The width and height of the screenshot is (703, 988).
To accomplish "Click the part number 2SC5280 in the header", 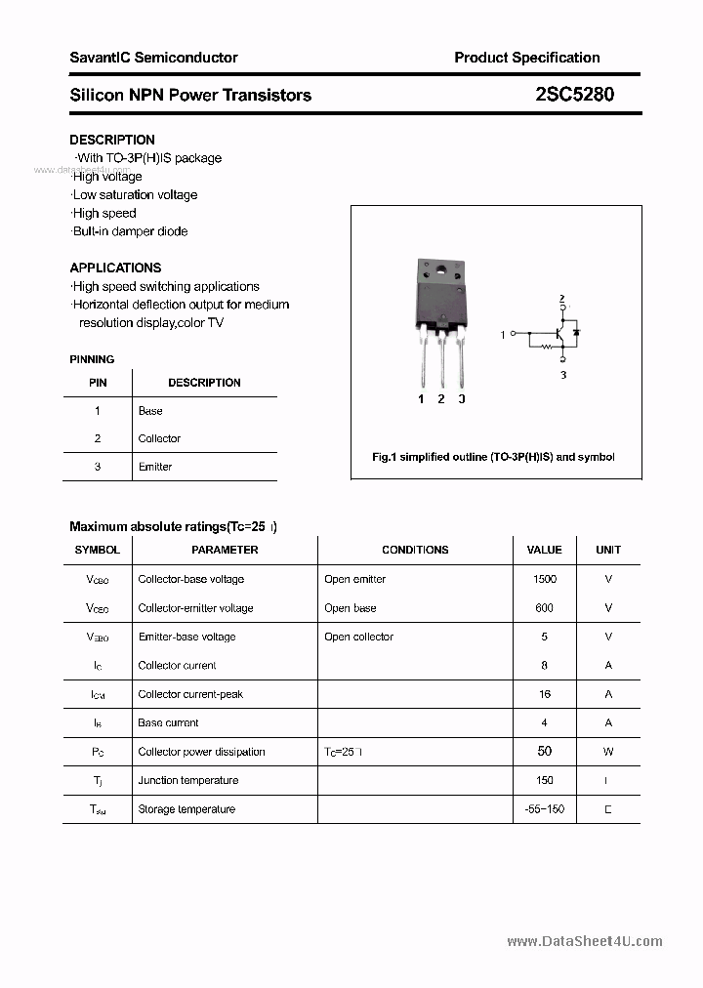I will pyautogui.click(x=574, y=95).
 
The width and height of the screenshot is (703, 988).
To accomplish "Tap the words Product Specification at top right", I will pyautogui.click(x=527, y=58).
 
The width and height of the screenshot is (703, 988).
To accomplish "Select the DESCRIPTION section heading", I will pyautogui.click(x=112, y=140).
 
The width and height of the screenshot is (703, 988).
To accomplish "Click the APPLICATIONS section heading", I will pyautogui.click(x=115, y=268).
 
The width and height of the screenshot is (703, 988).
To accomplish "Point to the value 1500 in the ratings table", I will pyautogui.click(x=545, y=579).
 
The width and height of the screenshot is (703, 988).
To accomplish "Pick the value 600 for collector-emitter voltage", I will pyautogui.click(x=545, y=607).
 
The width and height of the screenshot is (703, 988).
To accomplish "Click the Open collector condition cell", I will pyautogui.click(x=358, y=637).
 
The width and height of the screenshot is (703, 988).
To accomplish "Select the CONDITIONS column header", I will pyautogui.click(x=415, y=550).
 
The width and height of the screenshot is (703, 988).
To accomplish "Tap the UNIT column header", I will pyautogui.click(x=608, y=550).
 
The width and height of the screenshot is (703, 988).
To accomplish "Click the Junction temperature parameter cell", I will pyautogui.click(x=188, y=780).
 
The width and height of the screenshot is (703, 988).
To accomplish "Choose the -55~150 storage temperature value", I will pyautogui.click(x=545, y=809).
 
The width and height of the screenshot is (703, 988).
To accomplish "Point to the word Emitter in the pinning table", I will pyautogui.click(x=155, y=467).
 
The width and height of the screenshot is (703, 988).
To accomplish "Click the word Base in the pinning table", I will pyautogui.click(x=150, y=411).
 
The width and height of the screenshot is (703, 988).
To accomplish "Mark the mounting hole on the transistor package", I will pyautogui.click(x=440, y=270).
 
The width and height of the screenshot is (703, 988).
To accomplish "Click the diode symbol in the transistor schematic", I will pyautogui.click(x=576, y=333).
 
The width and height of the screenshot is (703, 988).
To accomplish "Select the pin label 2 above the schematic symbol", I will pyautogui.click(x=561, y=298).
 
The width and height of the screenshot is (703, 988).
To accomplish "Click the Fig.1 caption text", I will pyautogui.click(x=494, y=457).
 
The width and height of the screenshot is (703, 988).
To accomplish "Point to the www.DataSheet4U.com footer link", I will pyautogui.click(x=585, y=941).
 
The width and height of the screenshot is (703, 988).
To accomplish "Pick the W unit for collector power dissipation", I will pyautogui.click(x=608, y=752).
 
